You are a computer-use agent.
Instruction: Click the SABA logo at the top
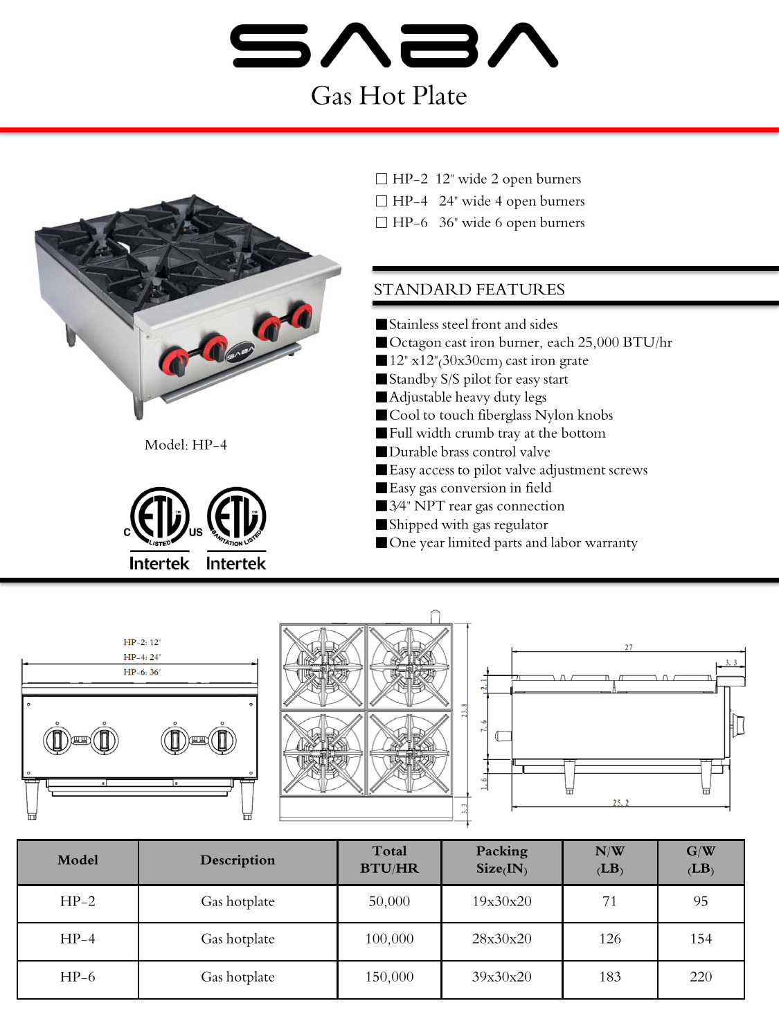click(393, 46)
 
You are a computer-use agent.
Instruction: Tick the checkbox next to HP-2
click(381, 179)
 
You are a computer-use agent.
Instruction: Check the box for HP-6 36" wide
click(381, 222)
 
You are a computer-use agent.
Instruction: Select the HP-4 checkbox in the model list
click(381, 201)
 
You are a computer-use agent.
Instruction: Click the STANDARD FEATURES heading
click(469, 290)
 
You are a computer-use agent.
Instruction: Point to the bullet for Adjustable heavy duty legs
click(381, 397)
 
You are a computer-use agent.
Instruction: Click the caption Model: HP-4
click(186, 445)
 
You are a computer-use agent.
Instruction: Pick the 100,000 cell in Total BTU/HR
click(389, 939)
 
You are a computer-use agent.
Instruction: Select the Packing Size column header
click(501, 860)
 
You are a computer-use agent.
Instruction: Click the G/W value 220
click(700, 977)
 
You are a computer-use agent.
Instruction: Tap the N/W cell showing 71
click(609, 901)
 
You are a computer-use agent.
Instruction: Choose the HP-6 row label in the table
click(78, 977)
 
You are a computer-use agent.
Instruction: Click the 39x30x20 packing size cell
click(501, 977)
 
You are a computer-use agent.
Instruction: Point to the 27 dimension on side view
click(628, 648)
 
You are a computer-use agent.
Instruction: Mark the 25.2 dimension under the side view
click(620, 803)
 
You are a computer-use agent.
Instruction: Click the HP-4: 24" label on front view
click(142, 657)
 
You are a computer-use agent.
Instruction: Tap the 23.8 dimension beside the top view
click(465, 710)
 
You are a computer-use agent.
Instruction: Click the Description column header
click(238, 860)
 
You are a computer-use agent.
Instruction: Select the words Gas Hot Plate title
click(388, 96)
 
